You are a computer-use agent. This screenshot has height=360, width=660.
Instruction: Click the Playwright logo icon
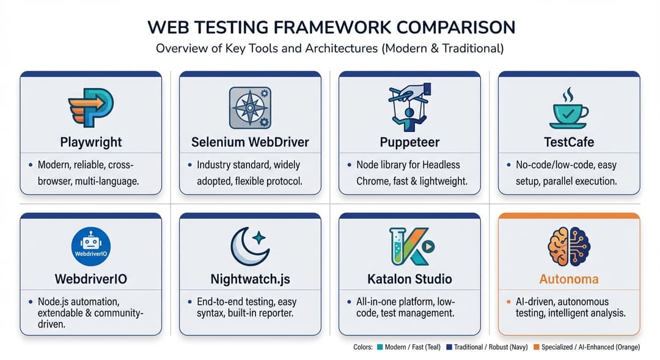click(x=90, y=108)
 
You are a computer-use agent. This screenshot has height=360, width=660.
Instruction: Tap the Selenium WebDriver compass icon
click(x=249, y=107)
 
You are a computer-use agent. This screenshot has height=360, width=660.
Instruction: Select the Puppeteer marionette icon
click(x=408, y=108)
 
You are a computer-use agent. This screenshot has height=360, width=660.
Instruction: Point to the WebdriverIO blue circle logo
click(x=90, y=246)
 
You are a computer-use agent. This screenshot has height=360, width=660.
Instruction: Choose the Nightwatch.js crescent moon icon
click(x=249, y=246)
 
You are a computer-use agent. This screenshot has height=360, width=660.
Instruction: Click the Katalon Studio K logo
click(x=408, y=246)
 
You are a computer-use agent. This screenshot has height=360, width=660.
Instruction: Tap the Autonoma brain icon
click(x=568, y=246)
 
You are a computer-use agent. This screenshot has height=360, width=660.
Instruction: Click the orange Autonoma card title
click(x=568, y=279)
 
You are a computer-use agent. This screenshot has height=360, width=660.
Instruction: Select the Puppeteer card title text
click(x=409, y=142)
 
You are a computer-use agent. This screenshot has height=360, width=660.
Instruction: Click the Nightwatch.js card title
click(x=249, y=279)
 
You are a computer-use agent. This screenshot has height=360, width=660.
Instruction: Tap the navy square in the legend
click(x=450, y=347)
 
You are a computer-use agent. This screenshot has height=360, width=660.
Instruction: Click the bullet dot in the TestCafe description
click(x=509, y=165)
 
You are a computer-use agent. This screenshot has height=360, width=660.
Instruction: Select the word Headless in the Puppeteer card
click(x=438, y=165)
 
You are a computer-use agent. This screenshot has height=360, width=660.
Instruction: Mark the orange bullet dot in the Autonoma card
click(x=509, y=302)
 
